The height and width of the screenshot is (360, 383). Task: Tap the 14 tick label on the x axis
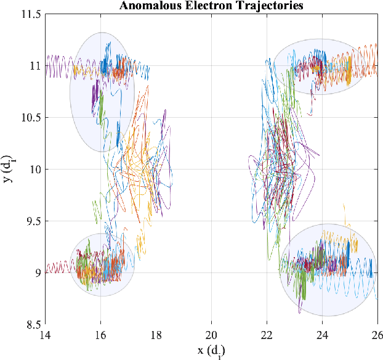(45, 335)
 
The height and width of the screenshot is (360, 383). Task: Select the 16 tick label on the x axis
(100, 335)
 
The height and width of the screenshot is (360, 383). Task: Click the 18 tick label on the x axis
(156, 335)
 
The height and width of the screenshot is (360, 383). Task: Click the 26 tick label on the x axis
(376, 335)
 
